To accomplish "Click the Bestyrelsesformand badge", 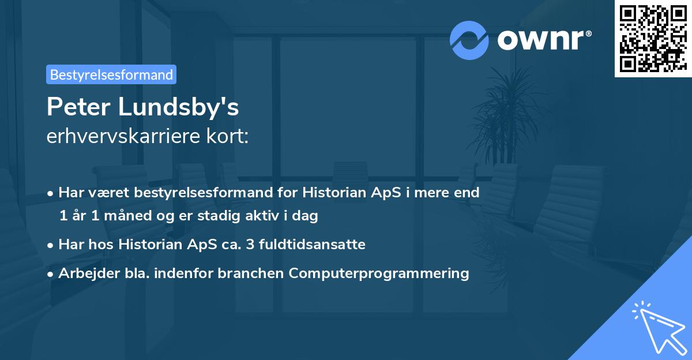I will pos(111,74).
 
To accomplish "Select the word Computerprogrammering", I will pos(379,273).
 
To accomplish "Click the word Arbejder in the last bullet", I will pos(84,273).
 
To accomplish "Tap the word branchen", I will pos(251,273).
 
